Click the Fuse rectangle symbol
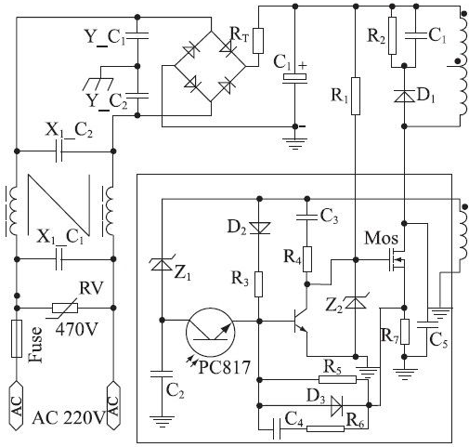point(17,338)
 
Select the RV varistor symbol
point(65,308)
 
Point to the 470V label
point(76,329)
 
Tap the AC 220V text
point(69,418)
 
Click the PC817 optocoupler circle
point(211,333)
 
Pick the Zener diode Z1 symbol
point(162,265)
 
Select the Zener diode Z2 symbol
point(356,302)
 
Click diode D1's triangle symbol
point(404,96)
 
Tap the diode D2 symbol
point(260,228)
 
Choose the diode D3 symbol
point(336,405)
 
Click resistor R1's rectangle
point(356,96)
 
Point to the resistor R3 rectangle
point(259,284)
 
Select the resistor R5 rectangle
point(337,379)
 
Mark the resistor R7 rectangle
point(404,332)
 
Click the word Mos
point(381,239)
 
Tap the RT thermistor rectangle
point(258,41)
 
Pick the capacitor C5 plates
point(427,324)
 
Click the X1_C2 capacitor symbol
point(59,151)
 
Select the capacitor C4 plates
point(277,429)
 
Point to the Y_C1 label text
point(105,36)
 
